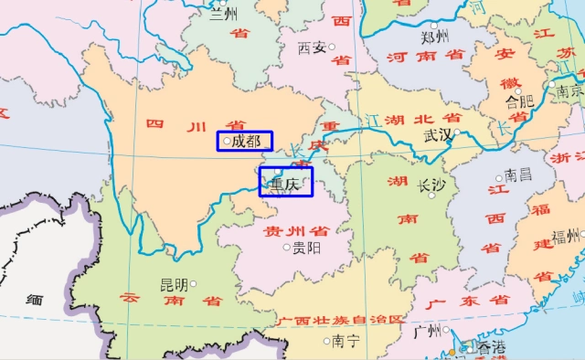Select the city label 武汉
438,134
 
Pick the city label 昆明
174,285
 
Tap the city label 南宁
346,341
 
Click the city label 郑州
435,37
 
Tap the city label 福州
566,236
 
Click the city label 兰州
224,14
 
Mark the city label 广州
427,330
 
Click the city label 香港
490,346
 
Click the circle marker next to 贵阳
287,247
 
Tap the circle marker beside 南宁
327,341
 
